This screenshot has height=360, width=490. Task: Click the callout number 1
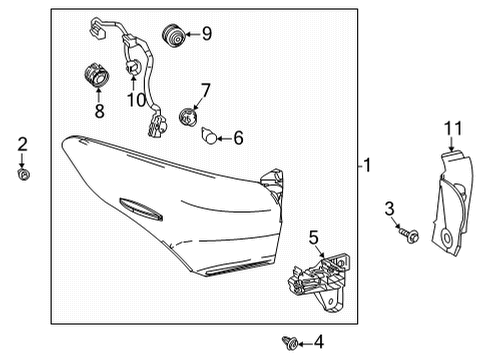click(369, 165)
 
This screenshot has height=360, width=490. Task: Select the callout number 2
click(22, 146)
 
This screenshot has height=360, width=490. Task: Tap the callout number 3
click(389, 208)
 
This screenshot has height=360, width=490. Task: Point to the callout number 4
click(318, 343)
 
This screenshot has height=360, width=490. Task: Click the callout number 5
click(313, 237)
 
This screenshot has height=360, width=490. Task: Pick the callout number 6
click(239, 139)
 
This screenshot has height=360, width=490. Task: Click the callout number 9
click(206, 34)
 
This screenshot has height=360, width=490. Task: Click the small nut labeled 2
click(22, 175)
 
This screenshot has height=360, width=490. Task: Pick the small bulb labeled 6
click(210, 136)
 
